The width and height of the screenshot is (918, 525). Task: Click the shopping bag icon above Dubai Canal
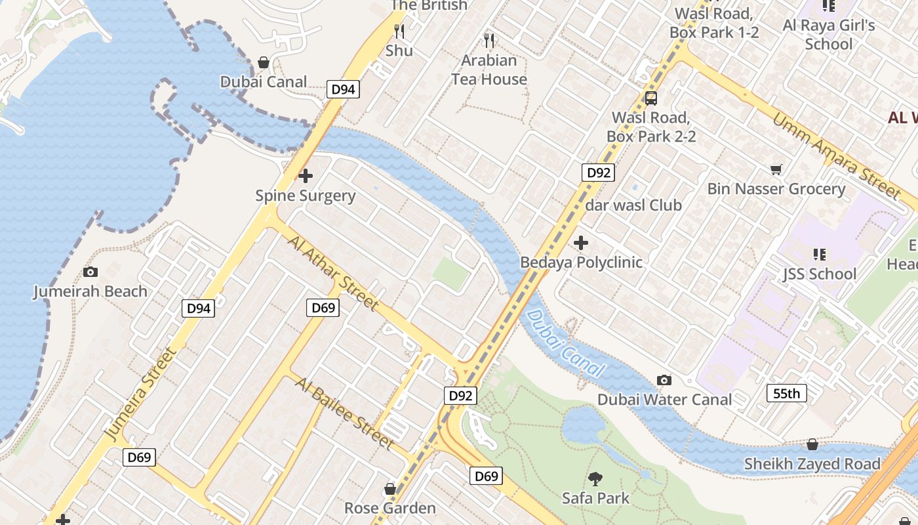click(x=264, y=62)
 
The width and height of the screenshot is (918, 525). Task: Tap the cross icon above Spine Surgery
click(x=306, y=176)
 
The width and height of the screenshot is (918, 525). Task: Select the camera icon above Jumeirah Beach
click(x=90, y=272)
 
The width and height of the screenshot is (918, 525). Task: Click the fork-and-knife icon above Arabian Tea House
click(x=489, y=41)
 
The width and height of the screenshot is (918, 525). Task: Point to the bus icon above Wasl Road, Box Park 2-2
click(x=650, y=98)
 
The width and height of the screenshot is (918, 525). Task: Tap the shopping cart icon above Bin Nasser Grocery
click(x=776, y=170)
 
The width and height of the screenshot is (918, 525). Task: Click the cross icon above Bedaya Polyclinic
click(x=581, y=243)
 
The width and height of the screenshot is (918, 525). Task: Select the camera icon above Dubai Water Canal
click(x=664, y=380)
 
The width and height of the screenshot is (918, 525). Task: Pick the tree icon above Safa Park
click(x=595, y=479)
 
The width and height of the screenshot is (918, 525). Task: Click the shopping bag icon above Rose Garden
click(x=390, y=489)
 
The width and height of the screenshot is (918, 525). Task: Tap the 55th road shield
click(x=786, y=394)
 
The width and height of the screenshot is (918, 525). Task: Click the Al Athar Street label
click(x=333, y=272)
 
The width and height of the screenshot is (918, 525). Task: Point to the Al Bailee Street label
click(x=344, y=413)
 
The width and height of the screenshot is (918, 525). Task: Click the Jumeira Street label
click(x=140, y=394)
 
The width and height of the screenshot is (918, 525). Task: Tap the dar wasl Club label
click(x=633, y=205)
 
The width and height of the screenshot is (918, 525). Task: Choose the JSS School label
click(x=820, y=274)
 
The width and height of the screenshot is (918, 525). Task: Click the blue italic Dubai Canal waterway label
click(x=565, y=343)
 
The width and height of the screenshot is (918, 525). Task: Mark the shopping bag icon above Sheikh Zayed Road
click(x=812, y=444)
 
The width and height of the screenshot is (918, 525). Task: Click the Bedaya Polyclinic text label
click(x=581, y=262)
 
